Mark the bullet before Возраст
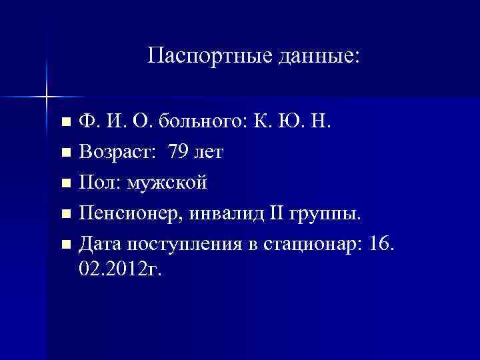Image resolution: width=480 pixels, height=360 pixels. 65,153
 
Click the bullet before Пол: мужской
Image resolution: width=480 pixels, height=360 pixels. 65,183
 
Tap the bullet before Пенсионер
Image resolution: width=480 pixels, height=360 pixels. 65,214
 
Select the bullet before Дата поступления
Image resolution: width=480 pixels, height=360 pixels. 65,245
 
